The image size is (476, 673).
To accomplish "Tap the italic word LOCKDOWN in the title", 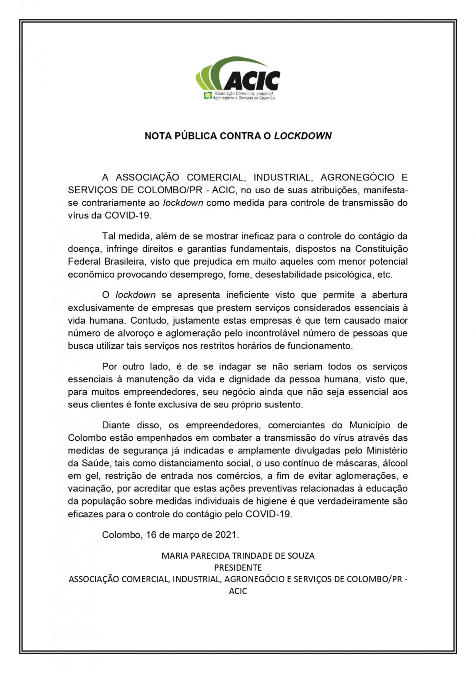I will pos(303,136).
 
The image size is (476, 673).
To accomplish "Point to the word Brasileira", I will pos(125,262).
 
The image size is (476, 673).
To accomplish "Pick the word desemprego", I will pos(199,275).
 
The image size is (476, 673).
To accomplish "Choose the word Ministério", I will pos(384,451).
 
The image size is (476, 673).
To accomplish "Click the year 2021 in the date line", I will pos(226,535).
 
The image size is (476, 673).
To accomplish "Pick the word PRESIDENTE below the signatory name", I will pos(238,568).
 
